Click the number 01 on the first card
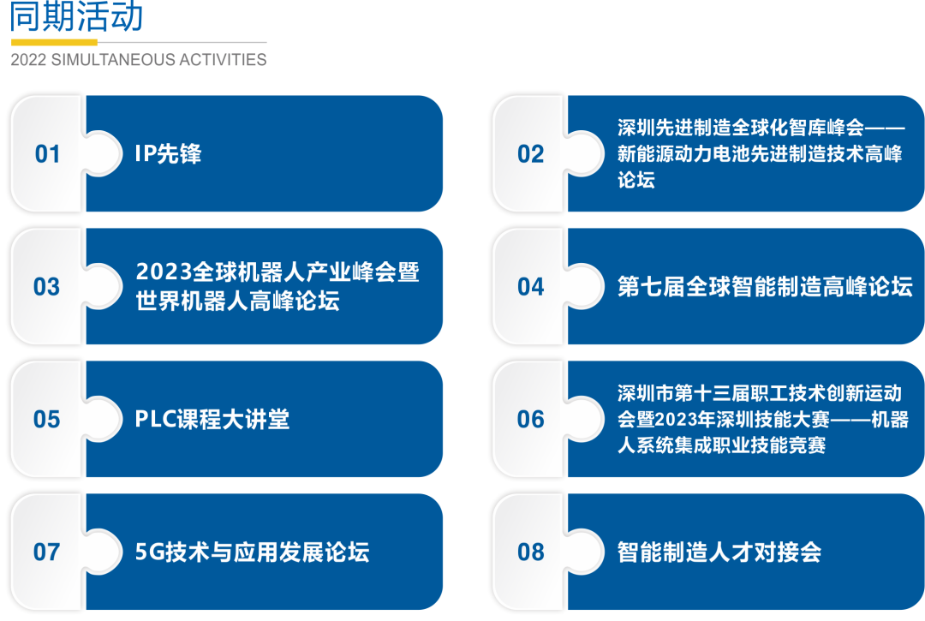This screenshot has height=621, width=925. tap(47, 154)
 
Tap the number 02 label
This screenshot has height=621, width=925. tap(530, 154)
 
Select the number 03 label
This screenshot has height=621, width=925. tap(46, 287)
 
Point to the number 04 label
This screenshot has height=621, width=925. tap(530, 287)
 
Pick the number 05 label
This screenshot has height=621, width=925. tap(46, 420)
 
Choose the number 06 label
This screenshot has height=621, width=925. tap(530, 420)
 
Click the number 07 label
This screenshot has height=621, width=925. tap(46, 552)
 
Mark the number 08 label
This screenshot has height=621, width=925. tap(530, 552)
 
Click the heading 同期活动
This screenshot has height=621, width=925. tap(77, 16)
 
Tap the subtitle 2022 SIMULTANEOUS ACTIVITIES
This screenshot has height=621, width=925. tap(139, 60)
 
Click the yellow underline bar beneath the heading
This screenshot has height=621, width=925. tap(54, 42)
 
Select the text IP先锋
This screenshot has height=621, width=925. tap(168, 154)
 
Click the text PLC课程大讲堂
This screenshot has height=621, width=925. tap(212, 420)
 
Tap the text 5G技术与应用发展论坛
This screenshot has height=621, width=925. tap(253, 552)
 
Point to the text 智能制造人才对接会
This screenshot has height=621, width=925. tap(719, 552)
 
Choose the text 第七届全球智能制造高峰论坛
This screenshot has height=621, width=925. tap(765, 287)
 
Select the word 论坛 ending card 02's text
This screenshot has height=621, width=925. tap(636, 179)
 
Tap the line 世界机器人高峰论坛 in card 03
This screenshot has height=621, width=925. tap(238, 301)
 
